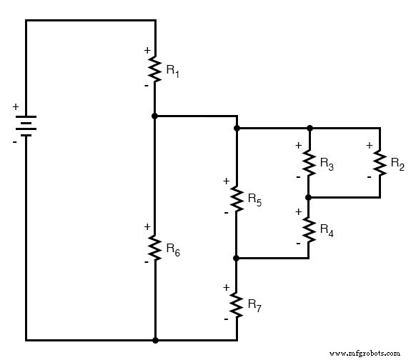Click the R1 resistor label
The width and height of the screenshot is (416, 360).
point(172,70)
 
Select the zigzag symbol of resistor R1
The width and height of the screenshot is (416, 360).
point(154,69)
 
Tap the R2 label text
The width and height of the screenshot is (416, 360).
point(397,164)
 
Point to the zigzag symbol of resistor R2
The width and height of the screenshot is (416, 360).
point(379,163)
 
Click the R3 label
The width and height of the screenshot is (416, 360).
point(327,165)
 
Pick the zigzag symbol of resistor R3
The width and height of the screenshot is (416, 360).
point(309,163)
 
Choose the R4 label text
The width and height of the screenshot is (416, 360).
point(327,230)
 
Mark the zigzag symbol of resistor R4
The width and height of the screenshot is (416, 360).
point(309,228)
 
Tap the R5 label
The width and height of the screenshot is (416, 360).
point(254,201)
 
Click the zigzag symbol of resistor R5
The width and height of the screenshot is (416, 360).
point(236,198)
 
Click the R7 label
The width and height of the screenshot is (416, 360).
point(254,304)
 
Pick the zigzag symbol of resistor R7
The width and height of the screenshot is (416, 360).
point(236,303)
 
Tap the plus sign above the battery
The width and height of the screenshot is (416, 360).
point(15,107)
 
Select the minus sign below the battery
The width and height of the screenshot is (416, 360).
point(14,142)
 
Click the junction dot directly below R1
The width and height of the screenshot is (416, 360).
point(154,115)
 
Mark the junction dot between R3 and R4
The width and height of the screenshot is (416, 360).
point(309,196)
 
